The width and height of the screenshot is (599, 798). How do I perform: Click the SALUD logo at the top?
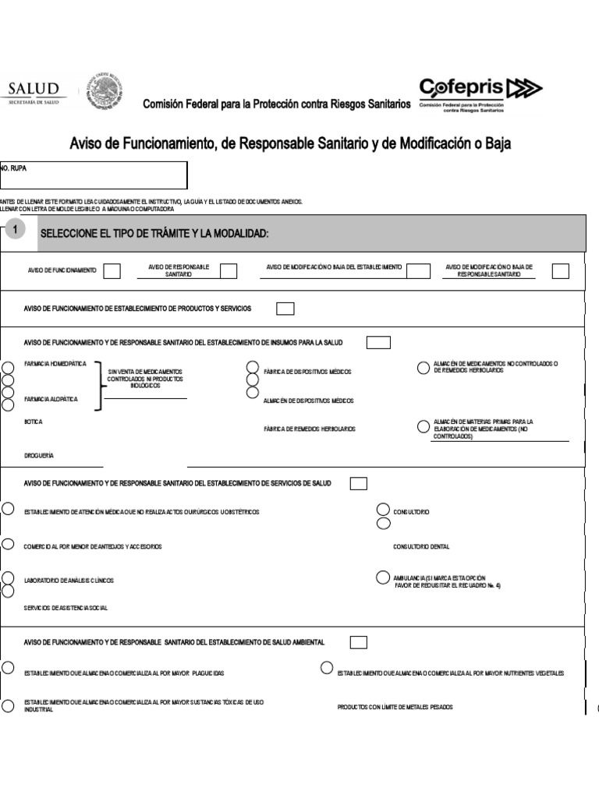pos(34,92)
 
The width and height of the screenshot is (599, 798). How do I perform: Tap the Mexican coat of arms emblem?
pos(103,92)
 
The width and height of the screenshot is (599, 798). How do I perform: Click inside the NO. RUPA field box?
pos(94,176)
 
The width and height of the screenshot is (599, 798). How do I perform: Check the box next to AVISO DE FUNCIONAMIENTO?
pos(112,270)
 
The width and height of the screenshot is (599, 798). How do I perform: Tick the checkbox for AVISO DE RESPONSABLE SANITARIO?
pos(229,270)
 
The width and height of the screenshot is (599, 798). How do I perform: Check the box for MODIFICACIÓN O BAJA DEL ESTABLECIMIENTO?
pos(418,270)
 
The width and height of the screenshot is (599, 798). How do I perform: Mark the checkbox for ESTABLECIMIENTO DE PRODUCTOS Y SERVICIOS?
pos(285,309)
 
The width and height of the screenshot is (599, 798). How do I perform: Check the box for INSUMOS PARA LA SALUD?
pos(378,342)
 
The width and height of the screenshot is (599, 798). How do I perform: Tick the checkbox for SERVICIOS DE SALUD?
pos(359,483)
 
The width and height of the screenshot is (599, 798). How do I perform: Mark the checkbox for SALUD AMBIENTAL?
pos(359,642)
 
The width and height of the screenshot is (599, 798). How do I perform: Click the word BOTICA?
pos(33,422)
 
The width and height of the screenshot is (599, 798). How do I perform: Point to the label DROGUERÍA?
pos(39,456)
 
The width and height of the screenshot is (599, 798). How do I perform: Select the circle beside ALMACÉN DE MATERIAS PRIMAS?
pos(423,426)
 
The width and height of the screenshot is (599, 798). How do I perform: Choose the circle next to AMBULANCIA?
pos(382,577)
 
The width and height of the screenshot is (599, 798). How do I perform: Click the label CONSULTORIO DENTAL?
pos(421,547)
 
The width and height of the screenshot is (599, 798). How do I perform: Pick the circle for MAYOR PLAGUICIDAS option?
pos(7,668)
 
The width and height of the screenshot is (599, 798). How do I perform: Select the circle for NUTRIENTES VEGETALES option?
pos(327,668)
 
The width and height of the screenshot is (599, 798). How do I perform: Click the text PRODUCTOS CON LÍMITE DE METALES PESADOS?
pos(395,707)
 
